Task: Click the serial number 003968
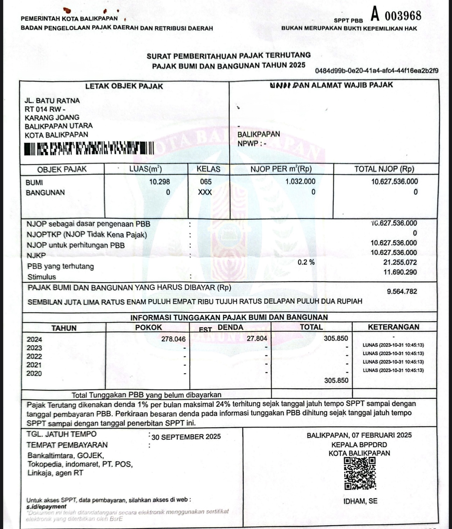(x=403, y=16)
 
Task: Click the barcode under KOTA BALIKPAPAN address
(x=89, y=148)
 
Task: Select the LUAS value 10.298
(x=159, y=182)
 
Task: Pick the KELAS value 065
(x=206, y=182)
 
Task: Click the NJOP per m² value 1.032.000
(x=300, y=181)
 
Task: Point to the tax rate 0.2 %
(x=306, y=262)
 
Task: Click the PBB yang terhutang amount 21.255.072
(x=400, y=263)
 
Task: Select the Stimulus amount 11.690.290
(x=400, y=272)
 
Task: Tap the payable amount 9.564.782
(x=402, y=291)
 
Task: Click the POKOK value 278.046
(x=173, y=339)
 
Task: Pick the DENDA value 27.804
(x=257, y=339)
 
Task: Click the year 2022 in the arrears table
(x=34, y=356)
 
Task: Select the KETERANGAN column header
(x=393, y=327)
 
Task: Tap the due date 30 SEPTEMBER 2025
(x=186, y=437)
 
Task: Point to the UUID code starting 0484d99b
(x=377, y=71)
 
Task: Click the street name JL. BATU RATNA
(x=52, y=101)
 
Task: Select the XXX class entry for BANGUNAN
(x=205, y=192)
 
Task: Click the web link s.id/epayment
(x=46, y=506)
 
